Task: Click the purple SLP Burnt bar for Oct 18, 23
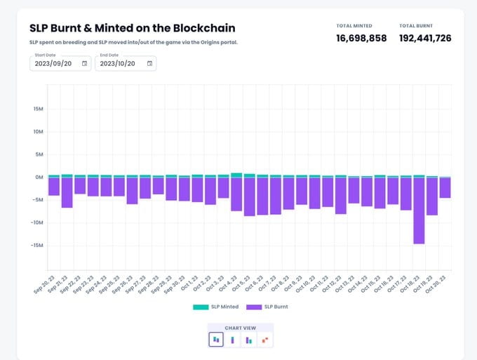click(419, 211)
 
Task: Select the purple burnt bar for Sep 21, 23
click(67, 192)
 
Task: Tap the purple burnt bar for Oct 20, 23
click(445, 187)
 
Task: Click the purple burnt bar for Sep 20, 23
click(54, 186)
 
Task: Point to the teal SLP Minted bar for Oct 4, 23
click(236, 175)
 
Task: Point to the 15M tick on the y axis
click(39, 109)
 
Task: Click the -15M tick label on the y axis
click(38, 246)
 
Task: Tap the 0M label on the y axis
click(39, 177)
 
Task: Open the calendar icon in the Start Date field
click(84, 63)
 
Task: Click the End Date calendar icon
click(149, 63)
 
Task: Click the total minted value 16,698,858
click(361, 38)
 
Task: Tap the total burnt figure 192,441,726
click(425, 38)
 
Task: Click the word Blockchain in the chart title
click(200, 28)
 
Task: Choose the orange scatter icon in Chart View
click(264, 340)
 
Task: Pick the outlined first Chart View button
click(217, 340)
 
